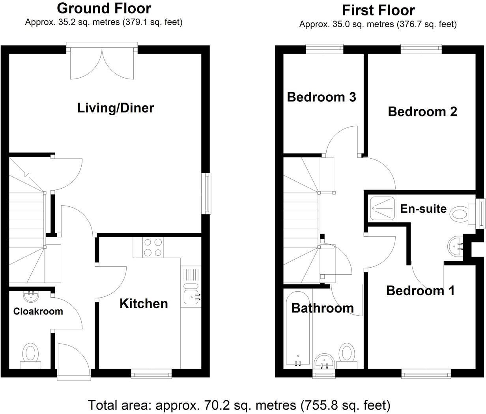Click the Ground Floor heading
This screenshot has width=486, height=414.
(x=104, y=8)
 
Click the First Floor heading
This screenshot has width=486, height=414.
(x=378, y=10)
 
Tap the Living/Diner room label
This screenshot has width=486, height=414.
(x=115, y=108)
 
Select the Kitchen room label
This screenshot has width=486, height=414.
(x=144, y=303)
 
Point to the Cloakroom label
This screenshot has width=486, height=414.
(x=38, y=311)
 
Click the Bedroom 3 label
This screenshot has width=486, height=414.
(x=321, y=97)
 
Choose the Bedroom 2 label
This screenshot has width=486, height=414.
(x=422, y=111)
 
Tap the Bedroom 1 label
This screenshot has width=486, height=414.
(x=420, y=291)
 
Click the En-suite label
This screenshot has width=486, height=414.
(x=423, y=208)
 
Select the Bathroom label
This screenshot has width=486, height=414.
(x=322, y=308)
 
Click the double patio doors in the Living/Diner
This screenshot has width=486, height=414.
(x=102, y=63)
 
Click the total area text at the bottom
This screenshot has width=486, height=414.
(x=239, y=405)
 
